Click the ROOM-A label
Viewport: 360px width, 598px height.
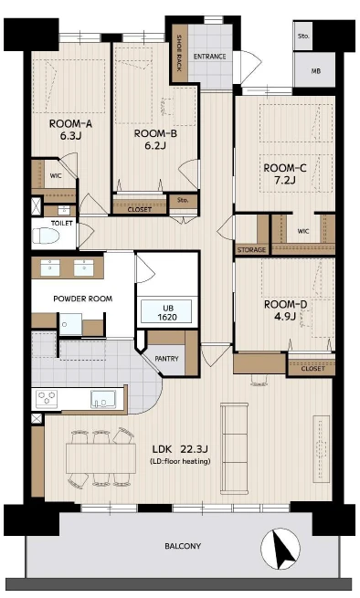(70, 123)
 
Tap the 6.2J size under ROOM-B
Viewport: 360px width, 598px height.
(155, 145)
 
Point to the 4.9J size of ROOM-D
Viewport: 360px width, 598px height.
(285, 316)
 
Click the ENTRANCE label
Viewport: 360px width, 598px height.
(209, 57)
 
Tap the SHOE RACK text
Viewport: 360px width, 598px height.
(179, 53)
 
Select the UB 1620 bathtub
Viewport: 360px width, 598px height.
(167, 312)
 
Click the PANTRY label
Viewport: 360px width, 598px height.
(166, 359)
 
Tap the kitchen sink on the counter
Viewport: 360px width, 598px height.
(103, 399)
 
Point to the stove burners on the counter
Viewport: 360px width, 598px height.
(47, 399)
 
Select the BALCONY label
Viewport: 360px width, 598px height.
(183, 546)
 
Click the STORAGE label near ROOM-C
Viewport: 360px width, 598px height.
(251, 250)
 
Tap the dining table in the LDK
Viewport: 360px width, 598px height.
(101, 458)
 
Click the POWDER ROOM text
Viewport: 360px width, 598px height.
(83, 299)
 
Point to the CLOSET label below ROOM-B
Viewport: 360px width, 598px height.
(140, 210)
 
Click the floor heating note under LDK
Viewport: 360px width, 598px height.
(180, 461)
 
